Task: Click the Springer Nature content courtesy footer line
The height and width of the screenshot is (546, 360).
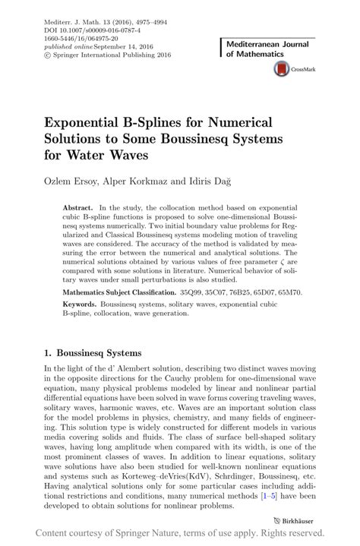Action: pos(180,534)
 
